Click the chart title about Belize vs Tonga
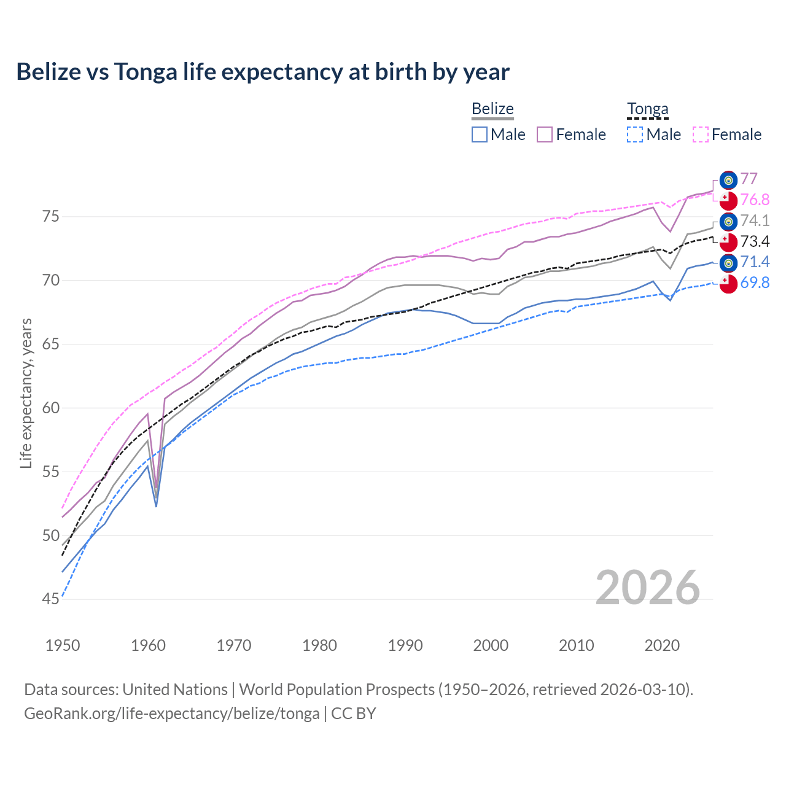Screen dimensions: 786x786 263,72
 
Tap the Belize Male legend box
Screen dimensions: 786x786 480,134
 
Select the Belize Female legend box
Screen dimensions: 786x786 545,134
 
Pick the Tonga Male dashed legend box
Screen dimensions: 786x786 635,134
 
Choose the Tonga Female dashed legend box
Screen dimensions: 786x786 701,134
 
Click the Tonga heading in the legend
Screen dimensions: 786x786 647,109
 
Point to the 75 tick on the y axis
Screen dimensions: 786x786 50,217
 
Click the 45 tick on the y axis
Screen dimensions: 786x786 50,599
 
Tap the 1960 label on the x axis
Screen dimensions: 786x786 149,645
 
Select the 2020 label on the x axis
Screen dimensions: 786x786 662,645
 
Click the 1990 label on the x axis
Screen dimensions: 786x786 405,645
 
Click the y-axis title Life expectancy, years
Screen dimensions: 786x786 26,393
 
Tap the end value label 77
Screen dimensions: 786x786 749,179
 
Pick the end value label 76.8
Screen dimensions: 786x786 755,200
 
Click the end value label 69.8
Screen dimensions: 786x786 755,283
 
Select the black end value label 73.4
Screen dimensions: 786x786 755,241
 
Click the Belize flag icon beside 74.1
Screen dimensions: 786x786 728,221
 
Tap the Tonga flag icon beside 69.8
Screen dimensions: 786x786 728,284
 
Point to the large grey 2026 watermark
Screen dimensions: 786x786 647,588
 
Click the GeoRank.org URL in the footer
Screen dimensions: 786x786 172,714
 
